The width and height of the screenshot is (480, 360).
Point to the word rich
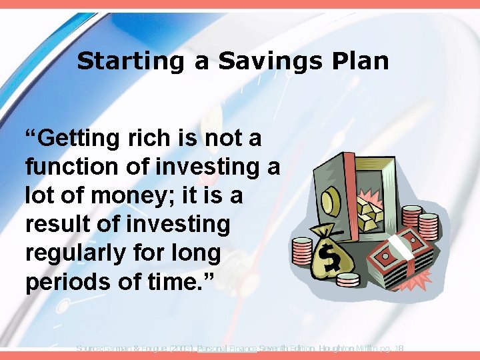151,139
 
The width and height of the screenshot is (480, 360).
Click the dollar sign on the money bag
329,257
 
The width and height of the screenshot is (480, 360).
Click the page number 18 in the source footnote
399,349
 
